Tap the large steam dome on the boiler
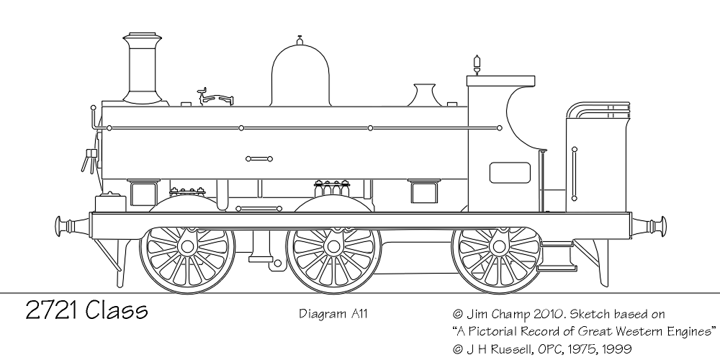point(300,73)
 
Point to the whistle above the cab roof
point(477,64)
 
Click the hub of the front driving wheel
point(187,246)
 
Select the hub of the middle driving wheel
point(334,246)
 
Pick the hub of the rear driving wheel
point(498,246)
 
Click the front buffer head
point(58,226)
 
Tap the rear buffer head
point(663,226)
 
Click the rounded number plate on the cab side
point(510,173)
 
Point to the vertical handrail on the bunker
point(574,174)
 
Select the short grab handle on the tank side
point(259,159)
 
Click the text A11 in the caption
point(360,314)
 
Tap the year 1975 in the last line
point(579,348)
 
